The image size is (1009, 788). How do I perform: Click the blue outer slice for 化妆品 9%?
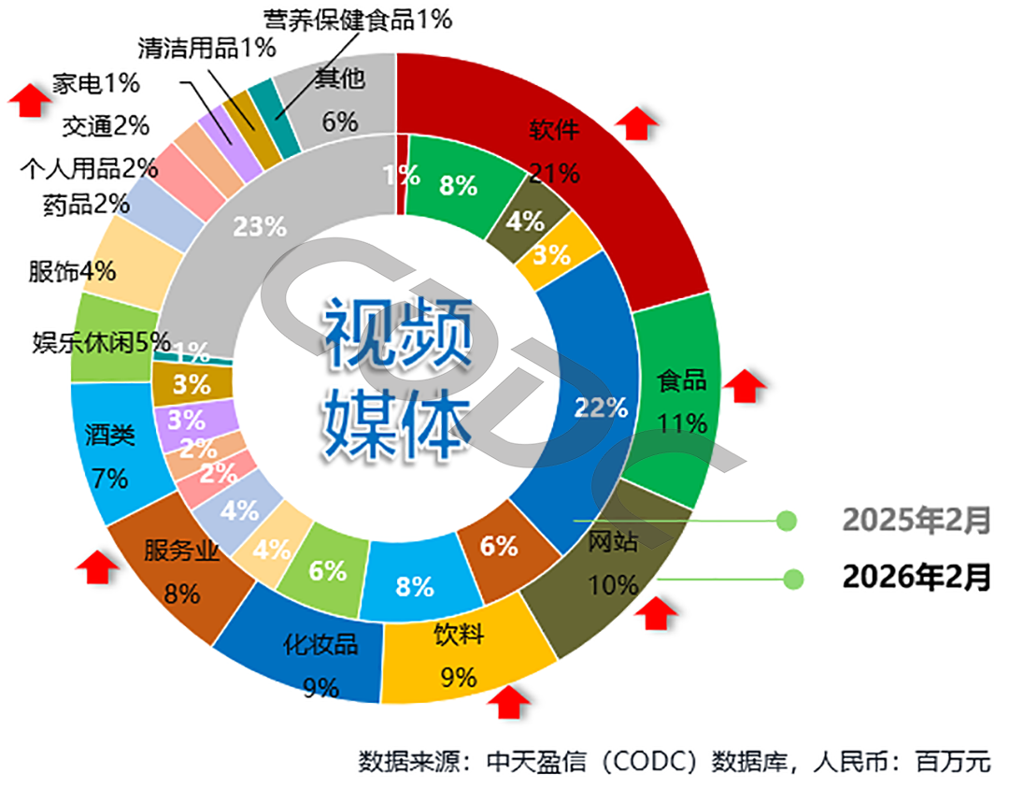point(308,654)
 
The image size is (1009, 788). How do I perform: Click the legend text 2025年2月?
point(916,520)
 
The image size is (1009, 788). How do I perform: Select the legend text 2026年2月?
point(916,578)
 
